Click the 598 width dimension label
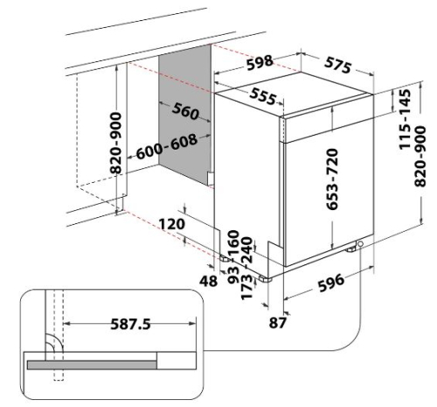[x=260, y=63]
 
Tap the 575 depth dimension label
[x=338, y=65]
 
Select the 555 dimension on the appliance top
[x=263, y=96]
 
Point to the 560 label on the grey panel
[x=185, y=111]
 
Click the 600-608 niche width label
[x=167, y=147]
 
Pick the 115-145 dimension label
[x=405, y=119]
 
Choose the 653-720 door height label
[x=332, y=179]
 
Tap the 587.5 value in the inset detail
[x=130, y=324]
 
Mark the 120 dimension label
[x=172, y=224]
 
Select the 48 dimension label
[x=208, y=281]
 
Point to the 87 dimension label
[x=278, y=323]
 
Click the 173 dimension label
[x=246, y=287]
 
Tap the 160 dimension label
[x=233, y=243]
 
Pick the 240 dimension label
[x=246, y=250]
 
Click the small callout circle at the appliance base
[x=361, y=243]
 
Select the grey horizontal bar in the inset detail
[x=92, y=365]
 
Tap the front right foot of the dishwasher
[x=265, y=278]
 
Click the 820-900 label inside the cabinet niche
[x=116, y=143]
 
